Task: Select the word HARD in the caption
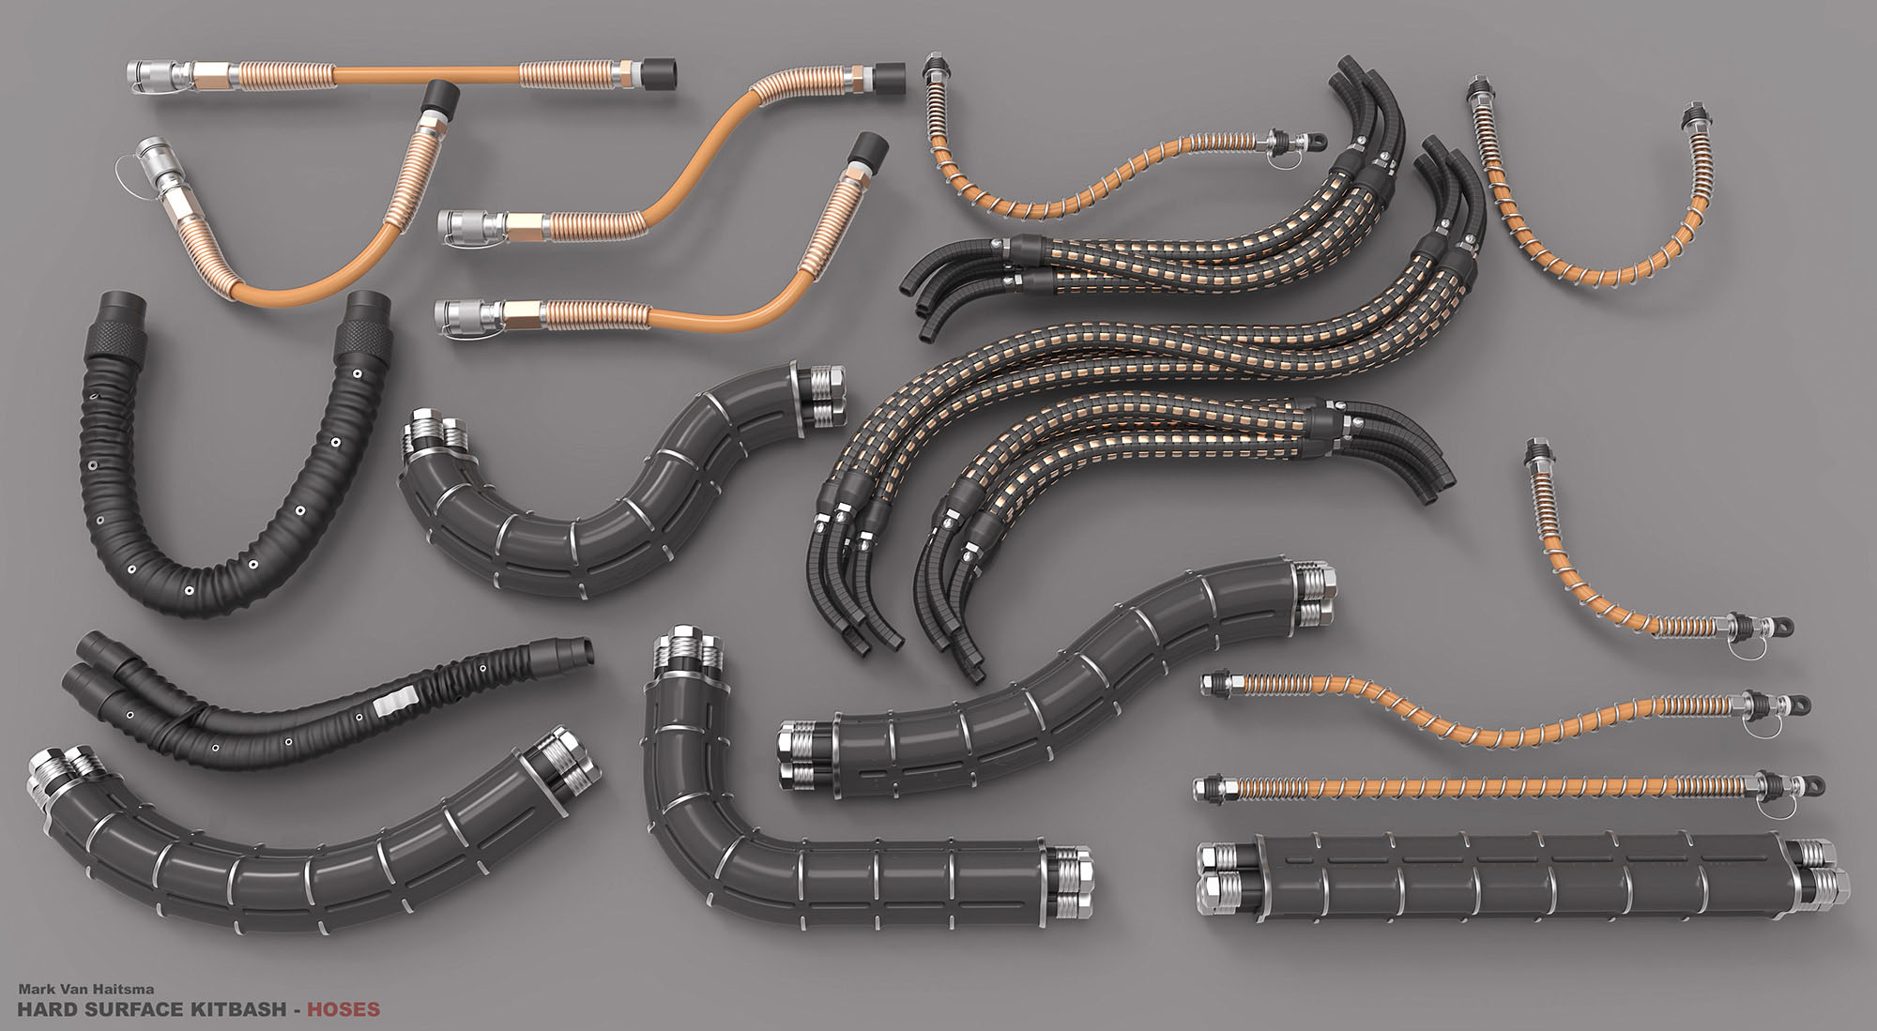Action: point(43,1009)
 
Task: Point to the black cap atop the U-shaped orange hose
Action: point(439,97)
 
